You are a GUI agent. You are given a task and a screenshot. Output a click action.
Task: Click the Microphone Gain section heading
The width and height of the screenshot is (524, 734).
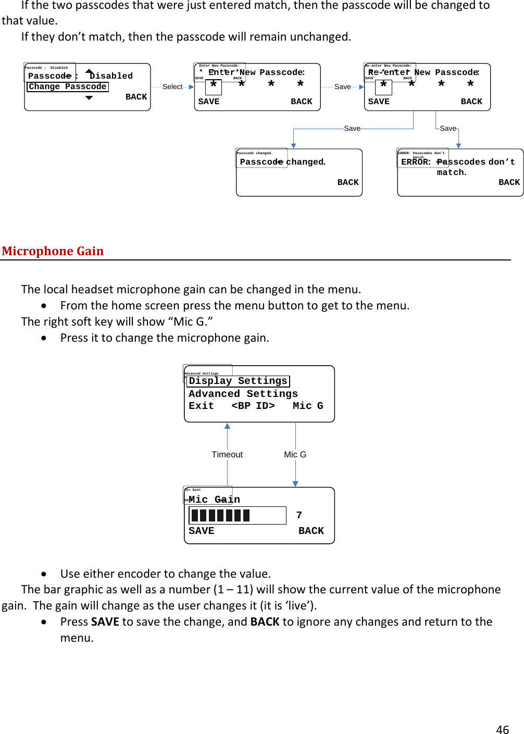(53, 251)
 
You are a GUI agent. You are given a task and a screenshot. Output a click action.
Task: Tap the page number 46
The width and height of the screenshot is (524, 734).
(502, 729)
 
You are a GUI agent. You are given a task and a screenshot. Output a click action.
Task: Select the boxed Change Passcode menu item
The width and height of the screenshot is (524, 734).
(68, 86)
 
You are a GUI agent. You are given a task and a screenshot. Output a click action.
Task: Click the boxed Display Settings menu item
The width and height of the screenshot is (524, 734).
(238, 381)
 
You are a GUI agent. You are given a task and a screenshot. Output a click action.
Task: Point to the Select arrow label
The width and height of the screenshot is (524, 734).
(172, 86)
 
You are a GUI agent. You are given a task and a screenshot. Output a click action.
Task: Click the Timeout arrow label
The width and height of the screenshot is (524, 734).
(227, 454)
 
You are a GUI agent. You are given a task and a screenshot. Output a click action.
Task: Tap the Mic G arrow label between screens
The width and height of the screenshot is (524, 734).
(295, 454)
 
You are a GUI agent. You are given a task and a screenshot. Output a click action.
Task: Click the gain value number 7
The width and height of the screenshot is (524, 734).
(299, 515)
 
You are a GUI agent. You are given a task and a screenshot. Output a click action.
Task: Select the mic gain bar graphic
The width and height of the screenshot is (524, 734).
(238, 515)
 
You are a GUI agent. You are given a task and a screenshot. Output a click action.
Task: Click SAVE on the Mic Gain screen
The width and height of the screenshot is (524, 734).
(202, 531)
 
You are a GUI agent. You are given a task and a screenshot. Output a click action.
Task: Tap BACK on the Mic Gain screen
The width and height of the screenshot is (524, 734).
(311, 531)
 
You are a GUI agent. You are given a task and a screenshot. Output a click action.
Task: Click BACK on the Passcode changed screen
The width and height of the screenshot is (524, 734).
(348, 182)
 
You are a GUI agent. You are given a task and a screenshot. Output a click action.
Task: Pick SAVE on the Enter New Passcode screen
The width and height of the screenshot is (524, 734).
(209, 102)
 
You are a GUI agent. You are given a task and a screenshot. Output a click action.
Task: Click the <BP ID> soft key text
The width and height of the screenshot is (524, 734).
(253, 406)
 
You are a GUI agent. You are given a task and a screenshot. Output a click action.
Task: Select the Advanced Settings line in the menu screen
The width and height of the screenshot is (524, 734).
(243, 394)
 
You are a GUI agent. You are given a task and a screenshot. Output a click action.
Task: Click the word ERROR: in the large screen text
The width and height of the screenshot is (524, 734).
(416, 162)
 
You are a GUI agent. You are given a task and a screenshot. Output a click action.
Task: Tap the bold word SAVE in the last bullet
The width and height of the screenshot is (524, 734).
(105, 621)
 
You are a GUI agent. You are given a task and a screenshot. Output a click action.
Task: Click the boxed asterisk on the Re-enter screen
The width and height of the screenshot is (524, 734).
(383, 85)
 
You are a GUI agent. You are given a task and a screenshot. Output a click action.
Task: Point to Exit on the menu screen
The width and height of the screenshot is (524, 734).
(201, 406)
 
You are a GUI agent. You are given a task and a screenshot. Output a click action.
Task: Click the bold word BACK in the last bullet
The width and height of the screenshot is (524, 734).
(265, 621)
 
